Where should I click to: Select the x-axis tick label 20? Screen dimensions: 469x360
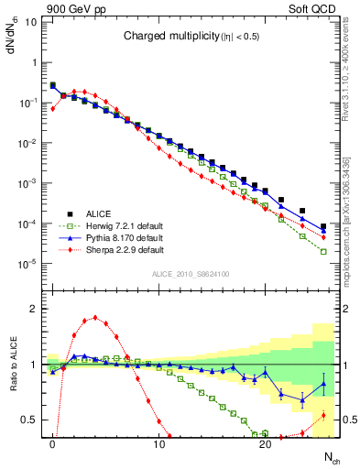coord(265,442)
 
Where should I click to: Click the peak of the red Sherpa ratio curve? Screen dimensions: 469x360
coord(95,318)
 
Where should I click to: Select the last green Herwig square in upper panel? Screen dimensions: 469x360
coord(323,252)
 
